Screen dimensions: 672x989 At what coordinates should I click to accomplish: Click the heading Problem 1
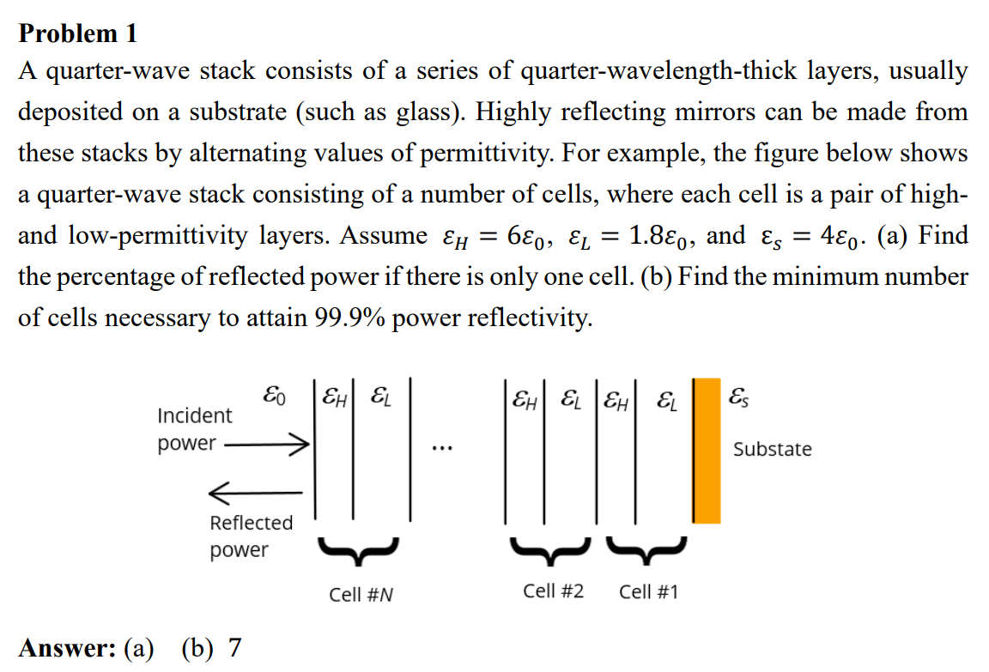[77, 33]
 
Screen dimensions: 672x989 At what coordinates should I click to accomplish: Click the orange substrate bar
[707, 450]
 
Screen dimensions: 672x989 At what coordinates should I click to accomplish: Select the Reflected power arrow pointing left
[255, 493]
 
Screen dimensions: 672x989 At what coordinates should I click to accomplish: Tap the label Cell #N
[361, 594]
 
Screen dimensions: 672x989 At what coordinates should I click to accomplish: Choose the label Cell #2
[554, 591]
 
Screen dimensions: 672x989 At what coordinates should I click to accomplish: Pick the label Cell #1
[648, 591]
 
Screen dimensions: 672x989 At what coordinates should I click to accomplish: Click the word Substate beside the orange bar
[772, 449]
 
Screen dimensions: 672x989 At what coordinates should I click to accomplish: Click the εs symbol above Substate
[737, 397]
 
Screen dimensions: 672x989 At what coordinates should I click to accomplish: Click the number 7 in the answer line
[234, 647]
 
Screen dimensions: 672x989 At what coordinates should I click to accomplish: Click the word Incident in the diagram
[194, 416]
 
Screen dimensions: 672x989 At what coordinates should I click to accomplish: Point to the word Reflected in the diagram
[251, 523]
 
